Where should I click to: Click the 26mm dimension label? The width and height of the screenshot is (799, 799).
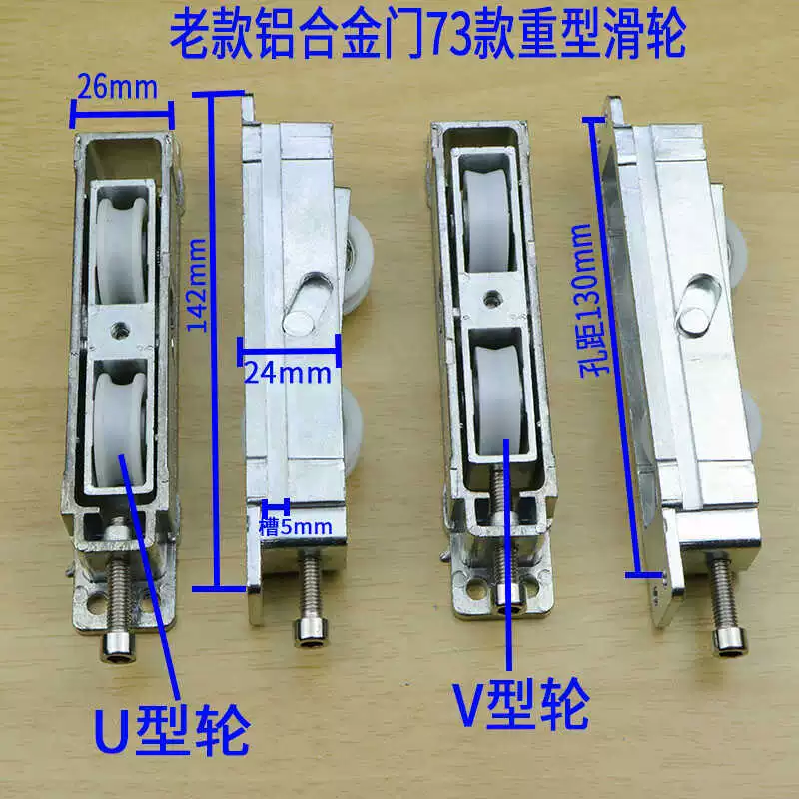(x=117, y=88)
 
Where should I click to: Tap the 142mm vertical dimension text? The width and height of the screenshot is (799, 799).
(x=197, y=285)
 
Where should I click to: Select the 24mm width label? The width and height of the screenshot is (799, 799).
(x=288, y=373)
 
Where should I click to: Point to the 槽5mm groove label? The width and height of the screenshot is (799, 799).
(x=295, y=526)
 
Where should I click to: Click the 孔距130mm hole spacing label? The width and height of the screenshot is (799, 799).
(x=590, y=302)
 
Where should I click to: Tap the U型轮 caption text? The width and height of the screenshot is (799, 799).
(x=172, y=730)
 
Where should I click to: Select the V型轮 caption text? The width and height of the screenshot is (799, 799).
(x=521, y=704)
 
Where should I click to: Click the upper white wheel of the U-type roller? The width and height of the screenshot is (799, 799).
(x=121, y=249)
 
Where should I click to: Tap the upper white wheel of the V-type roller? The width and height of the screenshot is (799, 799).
(x=487, y=220)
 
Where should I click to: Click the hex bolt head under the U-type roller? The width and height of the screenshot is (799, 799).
(x=118, y=647)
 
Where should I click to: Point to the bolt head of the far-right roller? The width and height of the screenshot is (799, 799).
(x=730, y=640)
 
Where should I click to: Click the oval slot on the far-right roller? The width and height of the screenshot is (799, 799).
(x=698, y=305)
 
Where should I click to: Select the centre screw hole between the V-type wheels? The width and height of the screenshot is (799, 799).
(x=491, y=298)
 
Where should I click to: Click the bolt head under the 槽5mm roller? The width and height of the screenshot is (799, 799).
(x=310, y=633)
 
